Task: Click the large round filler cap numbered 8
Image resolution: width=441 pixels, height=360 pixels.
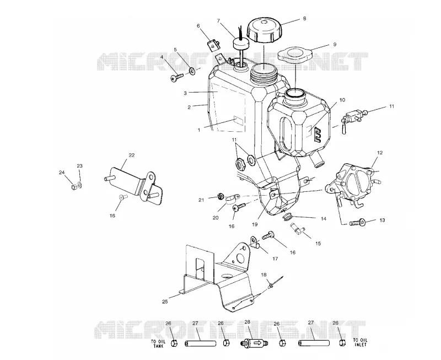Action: [x=264, y=30]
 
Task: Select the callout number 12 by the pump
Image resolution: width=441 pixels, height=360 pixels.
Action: [x=380, y=153]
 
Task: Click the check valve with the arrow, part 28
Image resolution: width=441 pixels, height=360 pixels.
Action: [x=254, y=343]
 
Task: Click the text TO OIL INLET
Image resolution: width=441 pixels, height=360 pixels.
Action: [x=360, y=342]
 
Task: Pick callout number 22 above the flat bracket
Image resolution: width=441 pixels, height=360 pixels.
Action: [x=132, y=155]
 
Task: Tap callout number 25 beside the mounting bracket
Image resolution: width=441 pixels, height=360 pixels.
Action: [x=165, y=302]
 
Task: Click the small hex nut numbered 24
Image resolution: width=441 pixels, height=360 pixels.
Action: [x=74, y=186]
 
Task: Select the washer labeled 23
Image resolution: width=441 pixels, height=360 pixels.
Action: [x=80, y=185]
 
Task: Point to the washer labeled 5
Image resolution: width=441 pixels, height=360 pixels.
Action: [x=192, y=72]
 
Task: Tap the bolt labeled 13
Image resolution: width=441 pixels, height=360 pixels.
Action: [x=357, y=223]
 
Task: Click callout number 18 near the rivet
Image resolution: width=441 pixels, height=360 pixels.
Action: [x=263, y=275]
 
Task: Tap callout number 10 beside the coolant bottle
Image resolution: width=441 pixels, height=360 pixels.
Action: [x=342, y=100]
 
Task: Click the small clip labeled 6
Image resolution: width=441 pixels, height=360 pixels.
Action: [x=213, y=44]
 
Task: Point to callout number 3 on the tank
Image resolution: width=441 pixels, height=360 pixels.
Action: [x=185, y=93]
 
